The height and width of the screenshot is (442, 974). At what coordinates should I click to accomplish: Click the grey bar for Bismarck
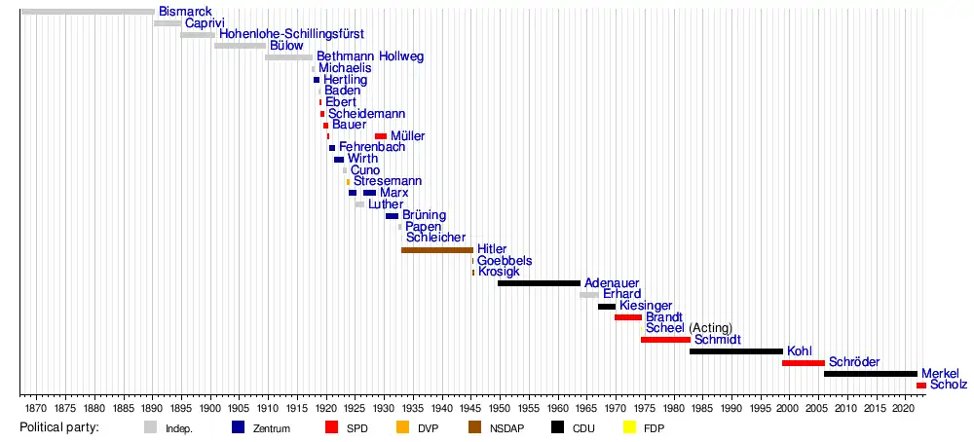click(x=87, y=12)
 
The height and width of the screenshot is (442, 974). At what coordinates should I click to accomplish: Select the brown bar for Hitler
click(x=436, y=250)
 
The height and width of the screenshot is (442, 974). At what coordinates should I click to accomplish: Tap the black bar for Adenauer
click(x=539, y=283)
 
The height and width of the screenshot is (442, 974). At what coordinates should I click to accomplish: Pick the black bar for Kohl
click(x=735, y=351)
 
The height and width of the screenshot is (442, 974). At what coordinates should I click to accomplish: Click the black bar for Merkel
click(x=870, y=374)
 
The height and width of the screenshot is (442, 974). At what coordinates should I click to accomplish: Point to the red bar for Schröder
click(x=803, y=363)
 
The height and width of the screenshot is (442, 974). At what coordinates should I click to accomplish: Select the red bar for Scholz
click(x=921, y=386)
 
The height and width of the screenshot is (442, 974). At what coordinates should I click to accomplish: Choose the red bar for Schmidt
click(x=665, y=340)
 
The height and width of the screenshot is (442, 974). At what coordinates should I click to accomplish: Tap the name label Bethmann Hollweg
click(x=370, y=56)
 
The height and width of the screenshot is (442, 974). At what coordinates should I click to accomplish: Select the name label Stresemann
click(x=388, y=181)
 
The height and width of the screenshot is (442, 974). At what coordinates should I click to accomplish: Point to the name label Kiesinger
click(x=646, y=306)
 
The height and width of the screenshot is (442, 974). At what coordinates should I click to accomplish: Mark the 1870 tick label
click(x=36, y=406)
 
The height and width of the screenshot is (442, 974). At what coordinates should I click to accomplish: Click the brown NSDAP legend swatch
click(x=475, y=426)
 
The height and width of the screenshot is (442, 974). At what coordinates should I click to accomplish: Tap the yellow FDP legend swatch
click(x=629, y=426)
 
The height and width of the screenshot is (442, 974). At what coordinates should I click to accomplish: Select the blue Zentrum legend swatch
click(x=239, y=426)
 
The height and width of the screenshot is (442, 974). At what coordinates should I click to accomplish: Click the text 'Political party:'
click(x=59, y=426)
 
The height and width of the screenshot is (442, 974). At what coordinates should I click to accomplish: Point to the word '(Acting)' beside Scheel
click(x=710, y=328)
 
